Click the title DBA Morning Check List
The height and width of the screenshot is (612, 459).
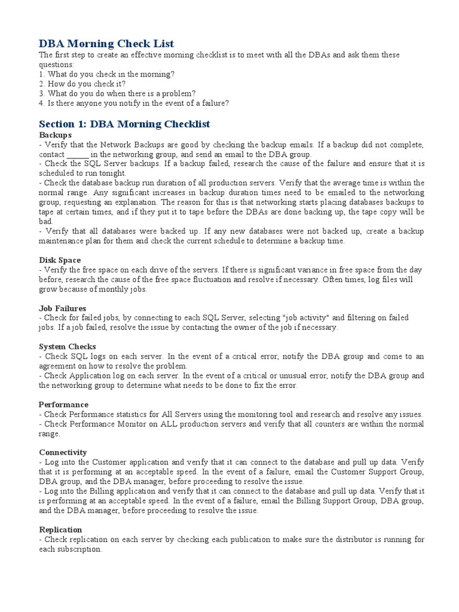point(106,44)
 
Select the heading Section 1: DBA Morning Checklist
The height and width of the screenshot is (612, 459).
point(124,124)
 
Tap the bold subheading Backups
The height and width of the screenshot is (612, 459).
point(56,135)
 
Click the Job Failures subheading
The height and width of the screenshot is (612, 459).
point(63,308)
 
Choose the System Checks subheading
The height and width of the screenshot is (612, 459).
point(68,347)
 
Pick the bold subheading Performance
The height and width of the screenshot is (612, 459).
point(64,405)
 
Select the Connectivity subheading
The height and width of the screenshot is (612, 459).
point(63,452)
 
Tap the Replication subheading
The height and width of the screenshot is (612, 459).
point(61,530)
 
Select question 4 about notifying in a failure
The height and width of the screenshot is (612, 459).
point(134,103)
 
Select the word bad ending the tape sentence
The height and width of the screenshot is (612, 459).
point(46,221)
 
